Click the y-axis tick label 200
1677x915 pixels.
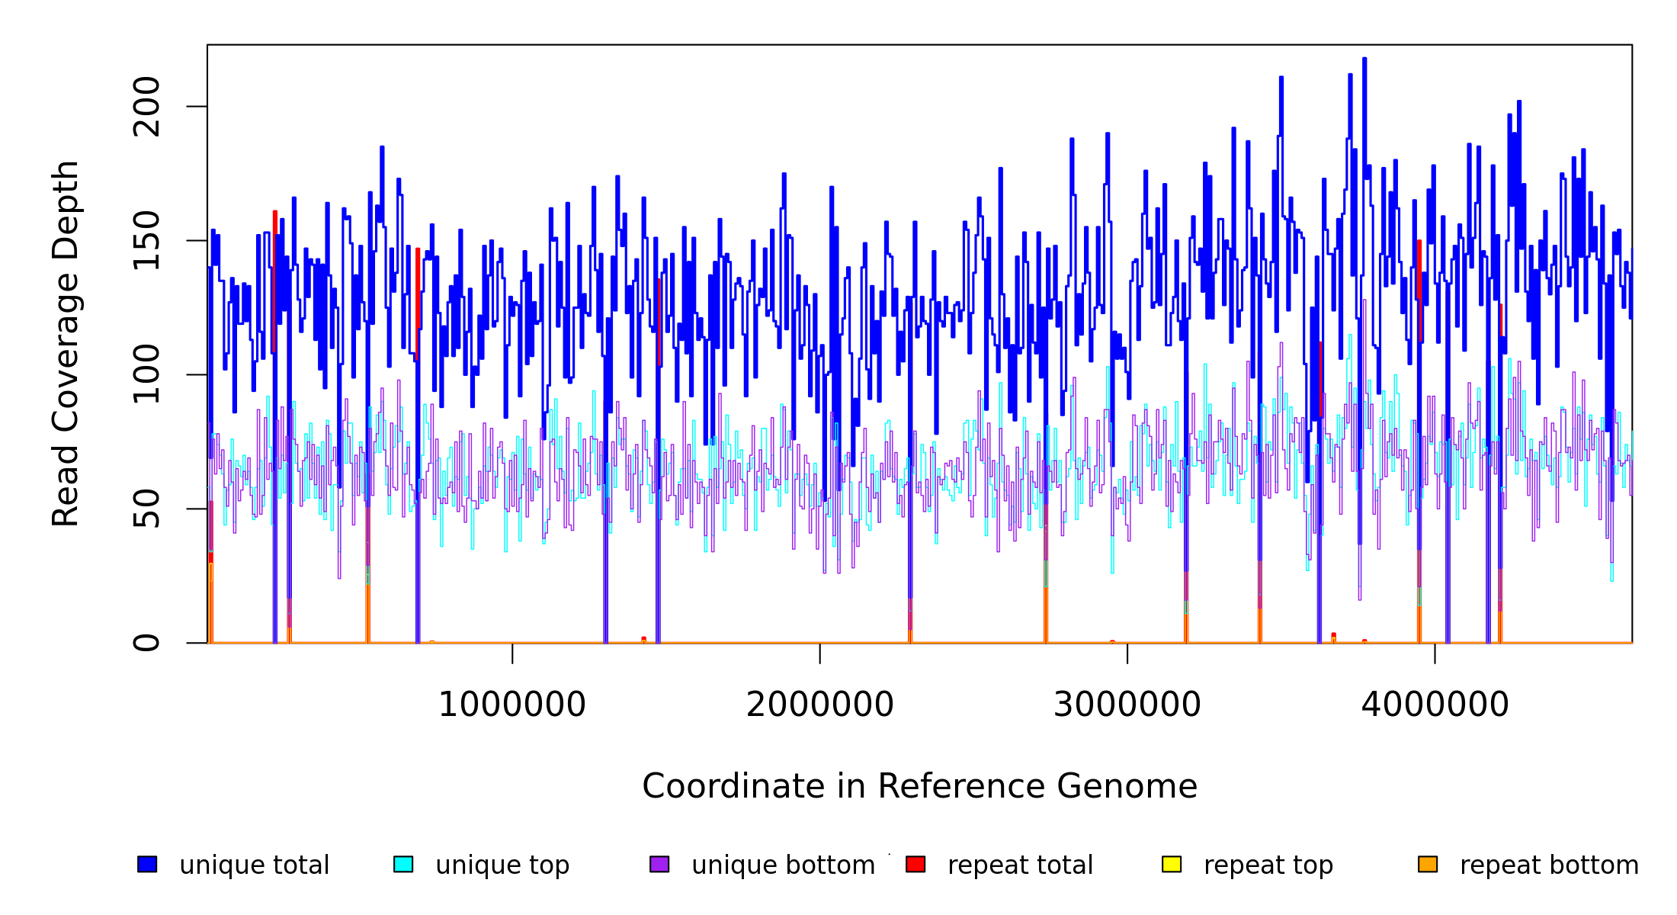146,107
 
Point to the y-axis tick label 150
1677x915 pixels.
146,241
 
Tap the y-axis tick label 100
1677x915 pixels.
146,374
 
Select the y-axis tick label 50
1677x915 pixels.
146,509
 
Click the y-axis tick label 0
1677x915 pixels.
146,643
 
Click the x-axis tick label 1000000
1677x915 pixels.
512,705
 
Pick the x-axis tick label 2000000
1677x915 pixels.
820,705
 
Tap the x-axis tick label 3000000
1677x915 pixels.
1127,705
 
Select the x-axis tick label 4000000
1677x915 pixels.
1435,705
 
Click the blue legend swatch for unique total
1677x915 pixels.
147,864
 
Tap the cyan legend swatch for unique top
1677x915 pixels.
403,864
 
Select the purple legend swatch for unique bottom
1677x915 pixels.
659,864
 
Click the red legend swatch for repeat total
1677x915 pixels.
915,864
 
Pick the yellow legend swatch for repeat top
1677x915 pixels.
1172,864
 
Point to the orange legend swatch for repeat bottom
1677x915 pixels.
1428,864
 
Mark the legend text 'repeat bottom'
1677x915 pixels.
1549,865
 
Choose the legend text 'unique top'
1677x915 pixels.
502,865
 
